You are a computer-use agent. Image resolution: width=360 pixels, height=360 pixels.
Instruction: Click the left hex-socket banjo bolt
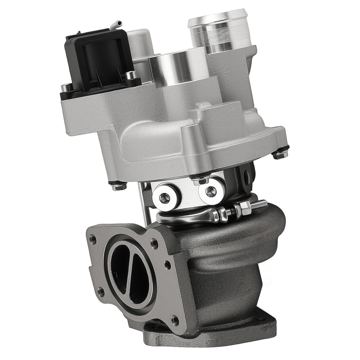[x=166, y=195]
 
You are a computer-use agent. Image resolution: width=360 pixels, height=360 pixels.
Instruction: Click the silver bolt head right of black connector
[x=133, y=75]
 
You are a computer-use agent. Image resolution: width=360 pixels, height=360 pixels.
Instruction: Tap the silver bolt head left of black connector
[x=66, y=86]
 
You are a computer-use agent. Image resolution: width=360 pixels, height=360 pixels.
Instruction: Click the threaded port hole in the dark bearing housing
[x=247, y=177]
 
